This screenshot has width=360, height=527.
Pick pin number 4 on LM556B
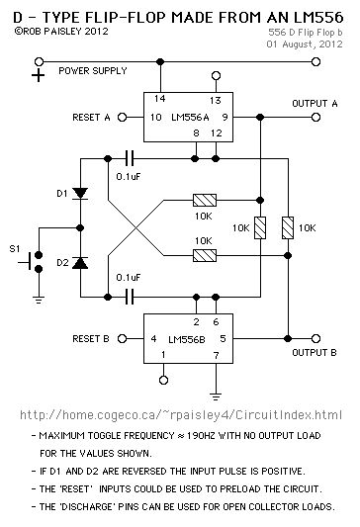point(154,339)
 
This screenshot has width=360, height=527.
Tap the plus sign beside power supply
point(39,77)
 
